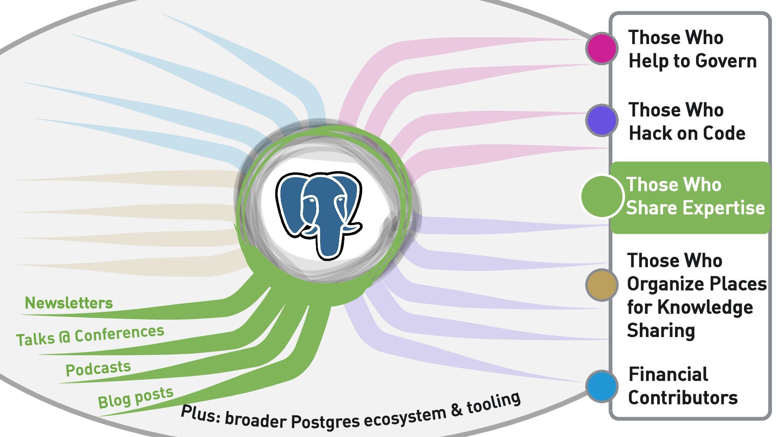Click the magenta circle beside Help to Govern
coord(602,49)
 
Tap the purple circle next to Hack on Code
coord(602,120)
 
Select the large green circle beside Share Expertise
coord(602,196)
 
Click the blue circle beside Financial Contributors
coord(602,386)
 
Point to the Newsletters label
coord(69,303)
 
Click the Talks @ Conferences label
coord(90,335)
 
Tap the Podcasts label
coord(98,369)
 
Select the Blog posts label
coord(136,397)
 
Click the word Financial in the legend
coord(668,374)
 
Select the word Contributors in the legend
coord(683,398)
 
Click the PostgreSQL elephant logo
coord(318,214)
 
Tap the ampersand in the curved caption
coord(456,410)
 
